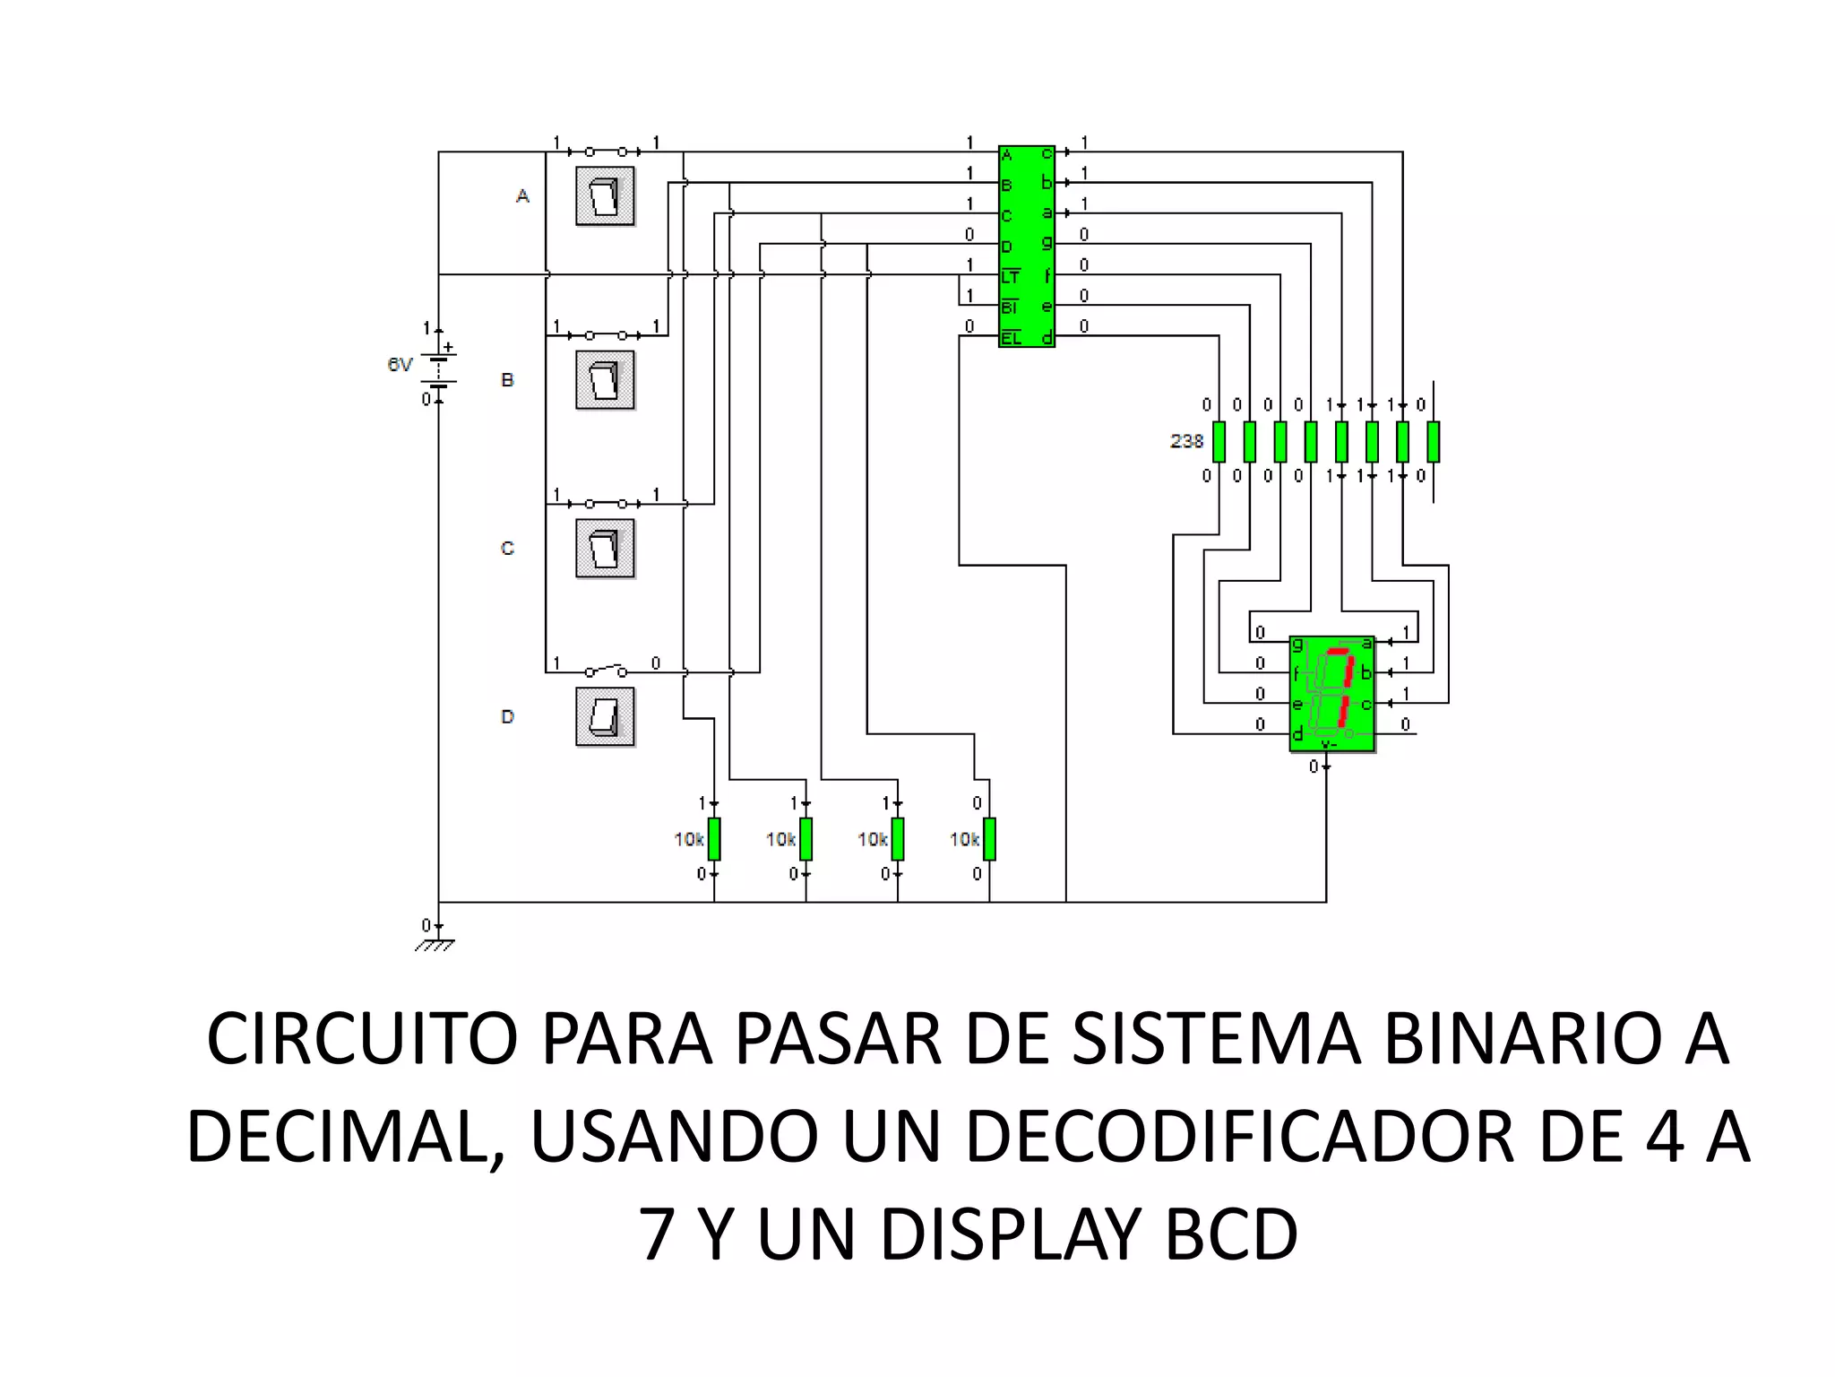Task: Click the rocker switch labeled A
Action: click(x=605, y=196)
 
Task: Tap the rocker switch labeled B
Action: click(x=605, y=380)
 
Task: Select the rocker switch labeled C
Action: click(x=605, y=549)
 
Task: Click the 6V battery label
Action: click(x=400, y=365)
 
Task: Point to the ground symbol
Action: click(x=435, y=943)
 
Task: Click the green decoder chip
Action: click(x=1027, y=246)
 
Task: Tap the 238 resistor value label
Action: click(x=1186, y=441)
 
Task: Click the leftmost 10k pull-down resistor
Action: click(x=714, y=839)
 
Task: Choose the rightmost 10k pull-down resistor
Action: click(x=989, y=839)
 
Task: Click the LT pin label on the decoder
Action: click(x=1010, y=277)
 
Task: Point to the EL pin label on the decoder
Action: click(x=1011, y=338)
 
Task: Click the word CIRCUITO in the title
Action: click(x=362, y=1039)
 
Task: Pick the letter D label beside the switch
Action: click(x=507, y=717)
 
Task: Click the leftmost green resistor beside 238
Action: click(x=1219, y=441)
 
